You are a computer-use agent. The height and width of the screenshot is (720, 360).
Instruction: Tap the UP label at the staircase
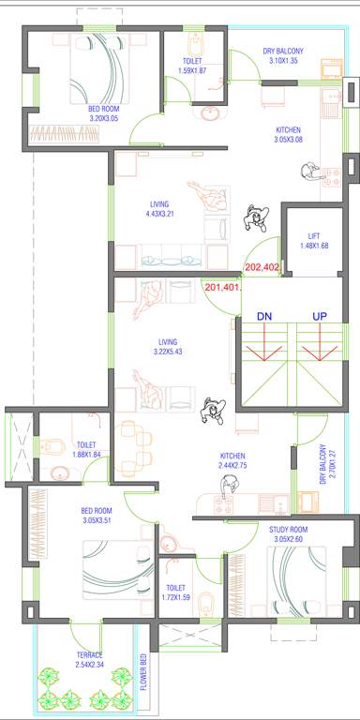(x=319, y=317)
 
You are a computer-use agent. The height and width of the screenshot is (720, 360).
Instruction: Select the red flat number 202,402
(x=262, y=266)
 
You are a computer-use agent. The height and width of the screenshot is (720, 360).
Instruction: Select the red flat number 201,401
(x=222, y=288)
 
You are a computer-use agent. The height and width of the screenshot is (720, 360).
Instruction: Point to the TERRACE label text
(x=91, y=654)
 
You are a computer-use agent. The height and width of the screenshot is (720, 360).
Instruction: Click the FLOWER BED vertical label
(x=144, y=671)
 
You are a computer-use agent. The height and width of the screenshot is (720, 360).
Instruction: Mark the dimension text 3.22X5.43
(x=168, y=352)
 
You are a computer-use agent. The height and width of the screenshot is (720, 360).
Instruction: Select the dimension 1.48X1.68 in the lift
(x=314, y=247)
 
